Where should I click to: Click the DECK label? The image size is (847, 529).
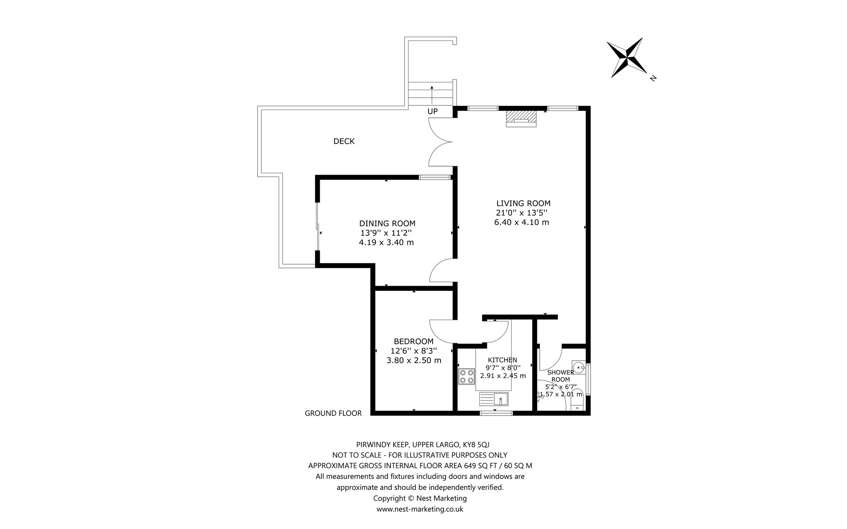point(344,141)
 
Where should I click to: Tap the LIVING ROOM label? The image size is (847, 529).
point(523,203)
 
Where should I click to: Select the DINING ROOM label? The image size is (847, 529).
point(387,224)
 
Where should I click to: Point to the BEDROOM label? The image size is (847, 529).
point(414,342)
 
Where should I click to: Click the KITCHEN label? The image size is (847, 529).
point(502,360)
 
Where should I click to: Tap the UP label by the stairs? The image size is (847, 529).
point(433,111)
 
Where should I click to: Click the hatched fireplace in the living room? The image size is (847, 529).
point(521,119)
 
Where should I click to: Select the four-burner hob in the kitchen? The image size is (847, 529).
point(467,376)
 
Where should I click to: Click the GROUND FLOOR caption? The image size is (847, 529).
point(333,413)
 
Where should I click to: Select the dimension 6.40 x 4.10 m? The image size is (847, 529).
point(522,223)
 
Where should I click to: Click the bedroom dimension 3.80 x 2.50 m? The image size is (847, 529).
point(414,361)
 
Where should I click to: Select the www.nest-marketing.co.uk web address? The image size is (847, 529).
point(420,510)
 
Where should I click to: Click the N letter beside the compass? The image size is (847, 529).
point(653,78)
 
